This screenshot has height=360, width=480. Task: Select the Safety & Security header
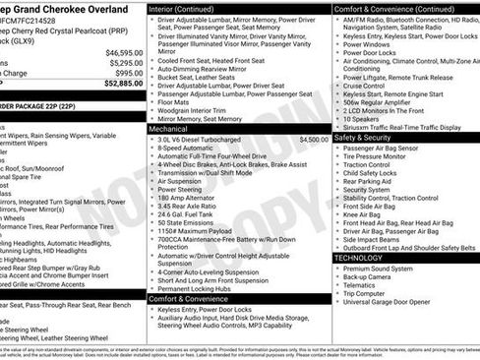tap(362, 138)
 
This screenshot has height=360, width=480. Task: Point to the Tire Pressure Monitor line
tap(381, 159)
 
